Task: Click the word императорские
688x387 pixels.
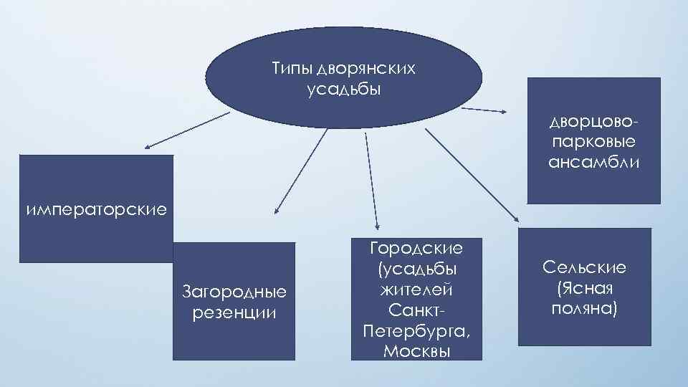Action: [x=96, y=210]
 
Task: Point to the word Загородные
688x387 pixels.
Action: [x=234, y=292]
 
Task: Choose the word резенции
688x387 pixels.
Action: [x=234, y=313]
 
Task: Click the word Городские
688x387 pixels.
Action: [x=416, y=249]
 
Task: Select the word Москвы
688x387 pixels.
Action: [x=416, y=352]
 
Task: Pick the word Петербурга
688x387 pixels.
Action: [x=416, y=332]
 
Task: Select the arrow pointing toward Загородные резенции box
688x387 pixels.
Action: [x=301, y=172]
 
